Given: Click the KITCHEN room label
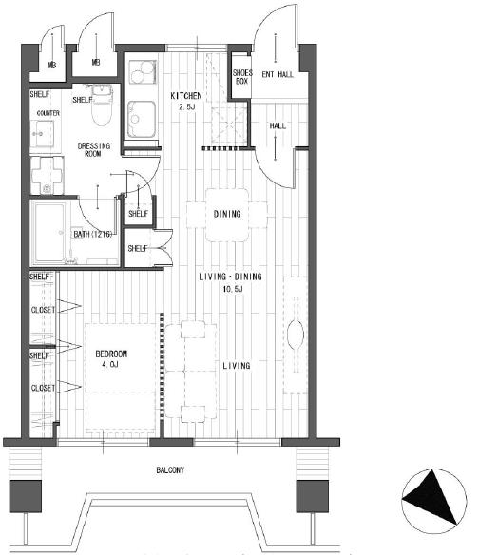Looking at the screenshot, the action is (186, 96).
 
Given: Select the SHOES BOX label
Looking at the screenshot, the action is (242, 77).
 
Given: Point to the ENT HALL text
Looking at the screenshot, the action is (278, 74).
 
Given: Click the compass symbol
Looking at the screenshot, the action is (433, 501).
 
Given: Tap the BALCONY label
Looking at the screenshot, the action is (170, 470).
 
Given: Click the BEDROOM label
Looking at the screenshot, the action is (111, 354).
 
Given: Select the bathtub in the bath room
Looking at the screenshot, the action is (49, 233).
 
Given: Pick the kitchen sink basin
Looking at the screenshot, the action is (142, 120).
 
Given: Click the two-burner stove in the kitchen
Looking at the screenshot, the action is (143, 72).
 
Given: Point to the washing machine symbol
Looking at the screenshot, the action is (47, 175).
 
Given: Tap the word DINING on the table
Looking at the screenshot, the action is (227, 214).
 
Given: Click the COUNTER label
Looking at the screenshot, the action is (48, 113).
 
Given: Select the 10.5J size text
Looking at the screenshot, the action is (233, 289).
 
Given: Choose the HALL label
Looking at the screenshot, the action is (278, 126).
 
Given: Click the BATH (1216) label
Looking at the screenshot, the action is (93, 235).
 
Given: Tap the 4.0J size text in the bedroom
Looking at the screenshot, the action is (110, 364).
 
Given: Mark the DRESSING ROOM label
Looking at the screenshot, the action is (94, 150).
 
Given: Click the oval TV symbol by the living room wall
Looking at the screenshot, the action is (296, 335).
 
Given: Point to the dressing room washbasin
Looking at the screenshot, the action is (42, 134).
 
